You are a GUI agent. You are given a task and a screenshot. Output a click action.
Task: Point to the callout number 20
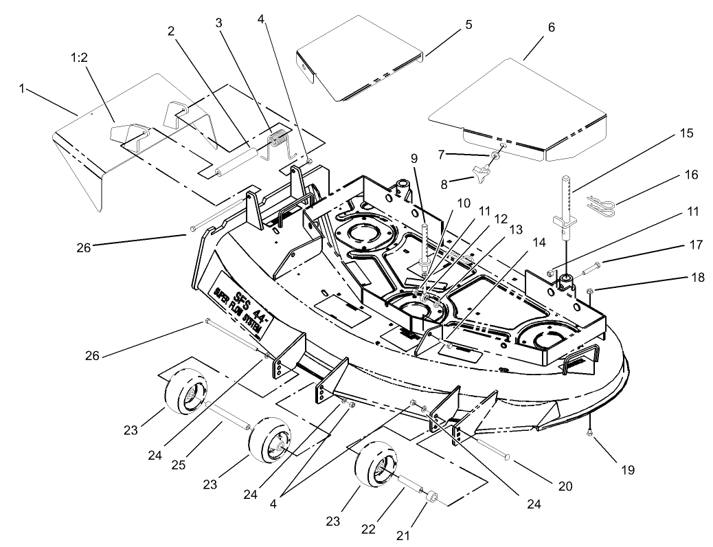tap(565, 485)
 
